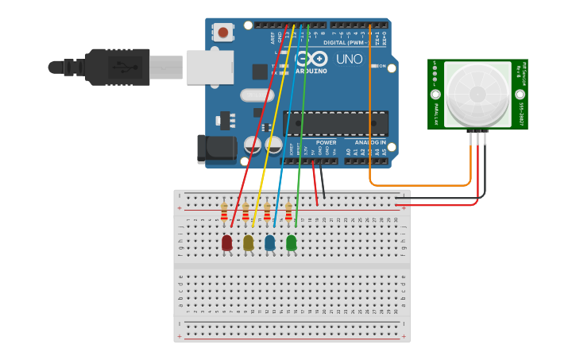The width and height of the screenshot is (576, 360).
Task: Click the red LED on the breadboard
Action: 227,242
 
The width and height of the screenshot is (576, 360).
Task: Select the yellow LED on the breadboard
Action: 249,242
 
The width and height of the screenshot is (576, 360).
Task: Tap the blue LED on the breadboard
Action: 270,242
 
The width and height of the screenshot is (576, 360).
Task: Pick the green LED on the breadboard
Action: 292,242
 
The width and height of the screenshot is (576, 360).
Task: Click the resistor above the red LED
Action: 224,212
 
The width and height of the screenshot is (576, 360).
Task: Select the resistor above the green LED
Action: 288,212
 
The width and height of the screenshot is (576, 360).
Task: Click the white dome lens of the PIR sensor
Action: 477,93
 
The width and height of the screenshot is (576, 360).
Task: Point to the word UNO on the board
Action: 349,60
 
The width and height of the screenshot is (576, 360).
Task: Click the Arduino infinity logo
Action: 306,60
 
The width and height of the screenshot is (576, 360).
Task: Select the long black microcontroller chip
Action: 335,123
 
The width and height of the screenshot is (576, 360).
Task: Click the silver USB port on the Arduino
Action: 210,68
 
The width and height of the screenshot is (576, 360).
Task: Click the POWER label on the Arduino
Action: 326,143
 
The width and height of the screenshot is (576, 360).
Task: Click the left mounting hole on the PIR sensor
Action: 435,94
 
